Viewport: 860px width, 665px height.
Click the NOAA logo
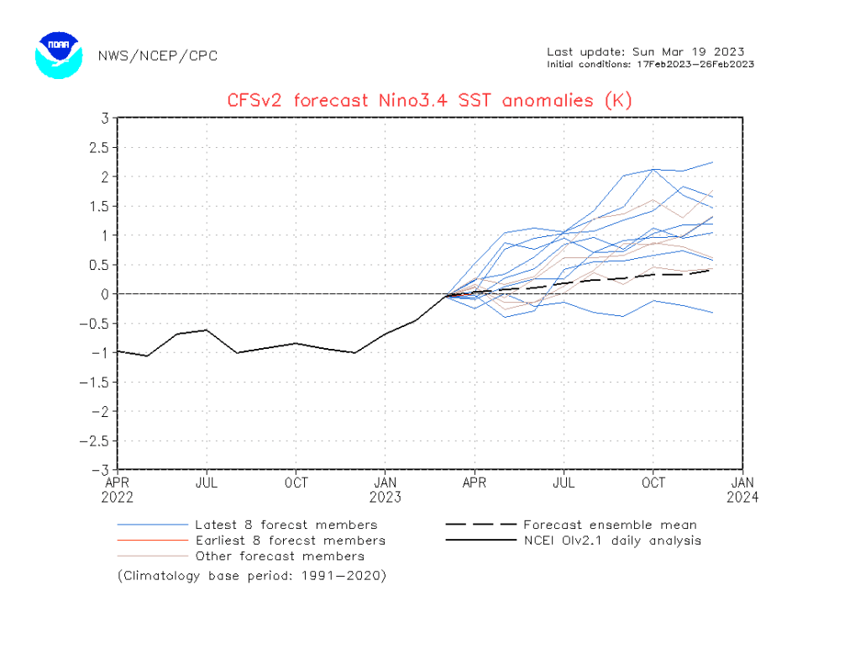(58, 54)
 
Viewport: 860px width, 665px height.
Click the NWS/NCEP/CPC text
(157, 55)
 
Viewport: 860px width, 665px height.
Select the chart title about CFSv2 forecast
(429, 101)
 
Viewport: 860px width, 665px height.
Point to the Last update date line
(645, 52)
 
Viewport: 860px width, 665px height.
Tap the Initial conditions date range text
(650, 64)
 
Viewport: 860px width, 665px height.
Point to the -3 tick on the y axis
(102, 469)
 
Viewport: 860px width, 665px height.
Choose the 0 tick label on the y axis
(106, 293)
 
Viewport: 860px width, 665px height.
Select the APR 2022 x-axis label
(118, 489)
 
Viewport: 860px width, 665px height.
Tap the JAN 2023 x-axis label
(385, 489)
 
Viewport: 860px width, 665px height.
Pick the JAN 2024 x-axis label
(742, 489)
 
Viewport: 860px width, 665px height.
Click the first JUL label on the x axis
(207, 483)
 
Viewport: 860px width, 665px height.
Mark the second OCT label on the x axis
(653, 483)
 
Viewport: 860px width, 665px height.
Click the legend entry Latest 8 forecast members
(286, 525)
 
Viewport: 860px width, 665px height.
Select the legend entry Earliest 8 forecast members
(290, 541)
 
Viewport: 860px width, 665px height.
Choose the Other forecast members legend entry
(280, 556)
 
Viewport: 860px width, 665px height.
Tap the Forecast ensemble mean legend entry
(611, 525)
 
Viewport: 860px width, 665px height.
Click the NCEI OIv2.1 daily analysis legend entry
(611, 541)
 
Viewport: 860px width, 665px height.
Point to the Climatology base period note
(252, 576)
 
